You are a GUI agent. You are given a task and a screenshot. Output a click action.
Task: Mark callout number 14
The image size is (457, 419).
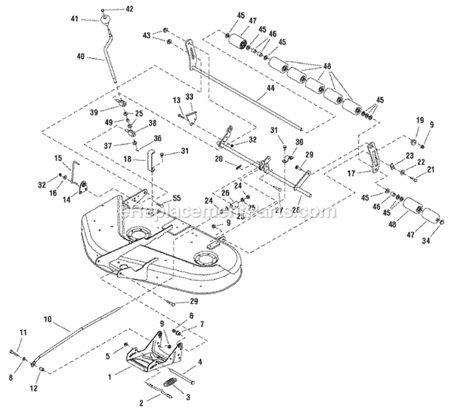[x=66, y=199]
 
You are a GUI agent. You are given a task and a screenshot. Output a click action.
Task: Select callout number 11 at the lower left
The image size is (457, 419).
[x=23, y=332]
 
